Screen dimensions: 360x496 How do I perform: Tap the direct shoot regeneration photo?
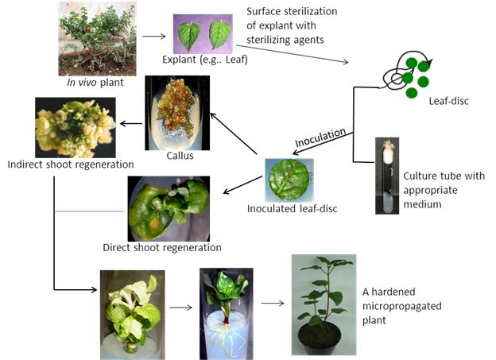[169, 208]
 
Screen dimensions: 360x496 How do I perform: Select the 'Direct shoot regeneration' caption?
[161, 247]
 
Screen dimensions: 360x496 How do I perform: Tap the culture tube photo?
[387, 176]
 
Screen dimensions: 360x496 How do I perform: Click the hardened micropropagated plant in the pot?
[323, 299]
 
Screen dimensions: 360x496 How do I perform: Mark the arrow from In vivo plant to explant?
[153, 35]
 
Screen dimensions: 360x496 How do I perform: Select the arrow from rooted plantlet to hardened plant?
[272, 303]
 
